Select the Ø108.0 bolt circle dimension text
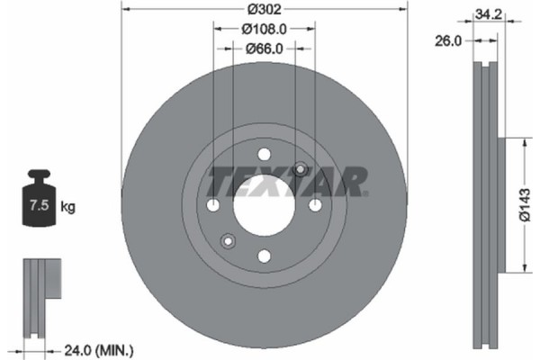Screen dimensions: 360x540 coord(264,30)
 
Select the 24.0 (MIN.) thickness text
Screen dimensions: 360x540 coord(98,349)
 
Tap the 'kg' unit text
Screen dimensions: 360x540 coord(68,207)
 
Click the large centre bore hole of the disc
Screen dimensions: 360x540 coord(264,205)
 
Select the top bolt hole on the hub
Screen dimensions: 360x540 coord(264,154)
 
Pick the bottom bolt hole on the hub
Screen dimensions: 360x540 coord(264,256)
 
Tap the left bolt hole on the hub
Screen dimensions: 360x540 coord(212,205)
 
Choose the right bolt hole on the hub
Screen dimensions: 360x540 coord(315,205)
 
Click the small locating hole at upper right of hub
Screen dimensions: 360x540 coord(301,170)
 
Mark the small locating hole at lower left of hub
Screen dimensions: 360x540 coord(228,240)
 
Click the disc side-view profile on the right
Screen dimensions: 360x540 coord(486,205)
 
